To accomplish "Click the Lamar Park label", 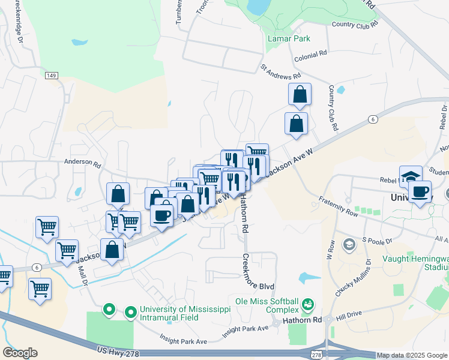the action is (x=289, y=38).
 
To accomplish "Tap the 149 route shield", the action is (x=51, y=76).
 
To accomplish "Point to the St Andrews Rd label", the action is (x=280, y=72).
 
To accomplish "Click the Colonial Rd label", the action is (x=311, y=54).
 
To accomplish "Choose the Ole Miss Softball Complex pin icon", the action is (x=308, y=304).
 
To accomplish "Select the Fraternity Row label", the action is (x=339, y=207).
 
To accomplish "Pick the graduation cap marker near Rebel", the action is (x=411, y=177).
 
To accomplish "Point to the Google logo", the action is (x=20, y=353).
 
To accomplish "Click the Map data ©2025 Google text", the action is (x=411, y=356).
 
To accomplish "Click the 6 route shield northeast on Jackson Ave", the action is (x=373, y=119).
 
